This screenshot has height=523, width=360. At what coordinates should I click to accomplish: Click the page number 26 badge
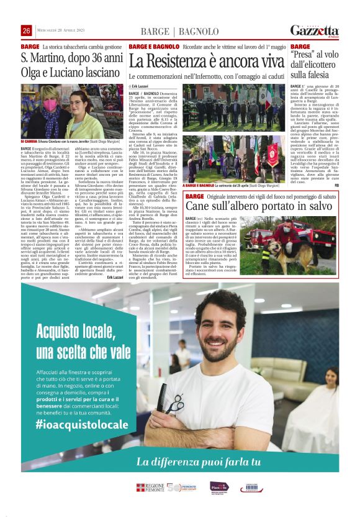coord(26,31)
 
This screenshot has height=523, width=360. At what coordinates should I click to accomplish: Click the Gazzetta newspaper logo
coord(315,31)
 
